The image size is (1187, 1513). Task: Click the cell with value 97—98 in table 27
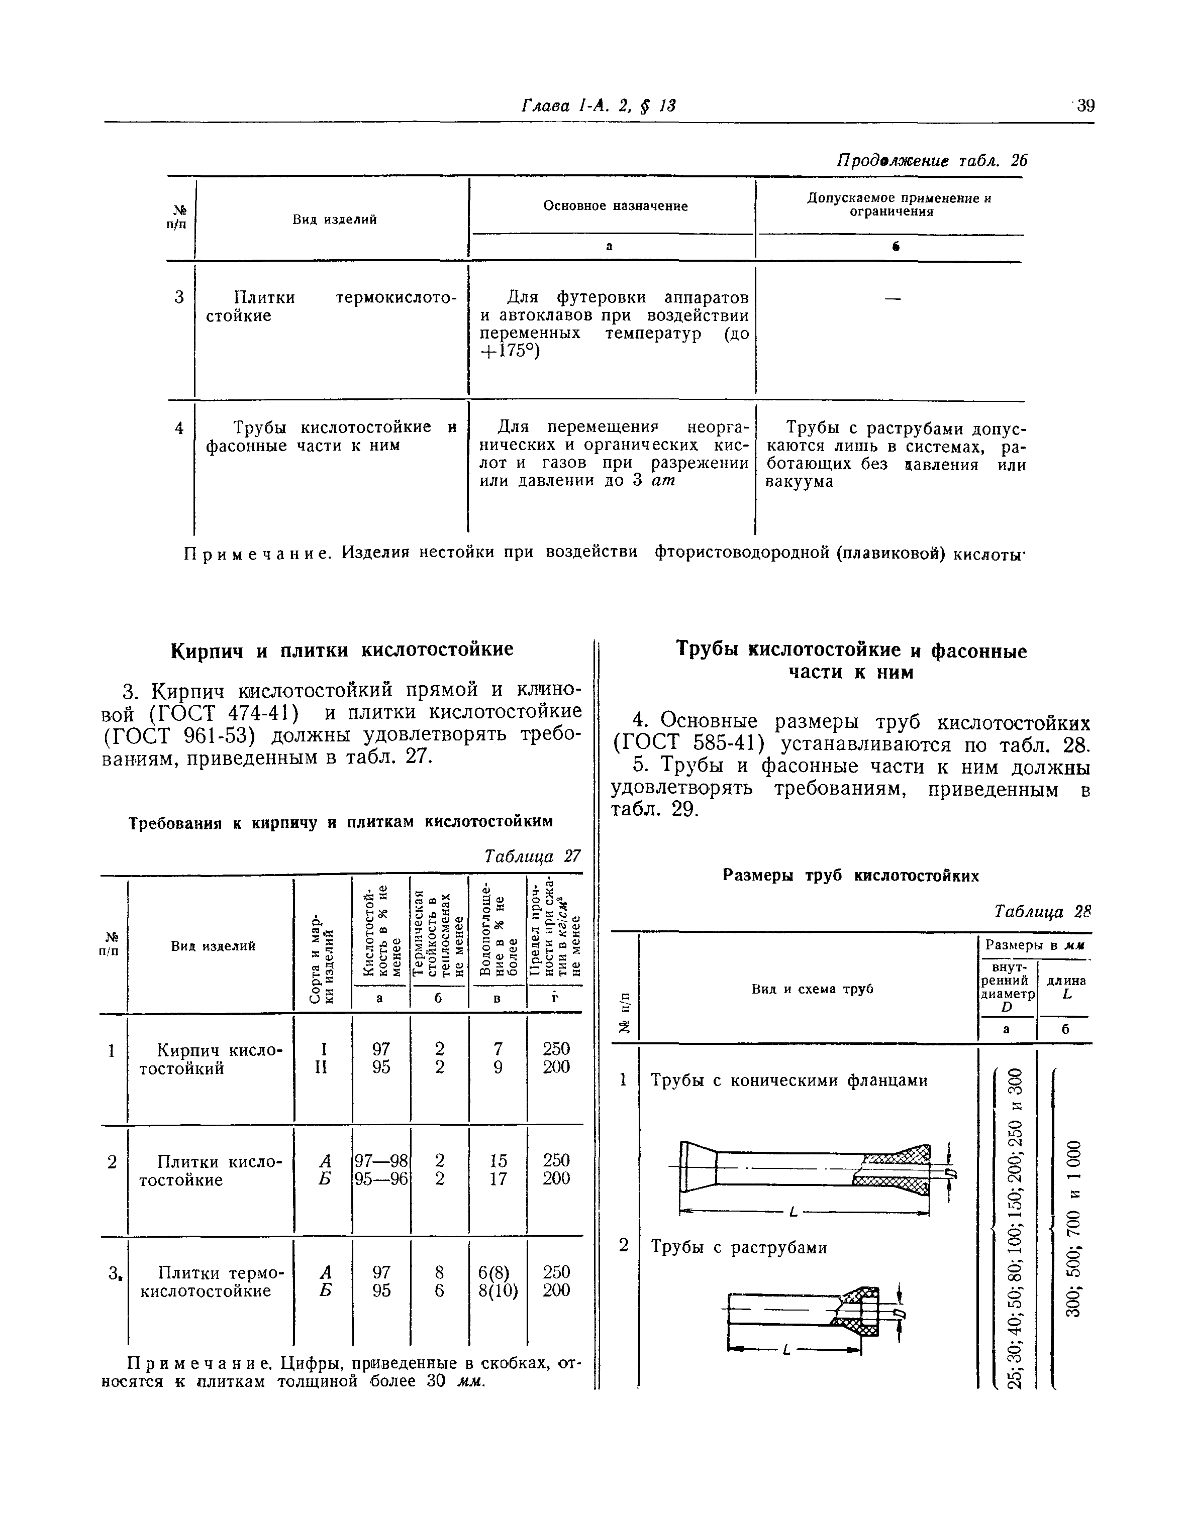[x=381, y=1160]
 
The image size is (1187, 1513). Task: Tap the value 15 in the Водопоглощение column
[x=498, y=1160]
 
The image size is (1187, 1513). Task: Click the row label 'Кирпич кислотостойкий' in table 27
[x=211, y=1059]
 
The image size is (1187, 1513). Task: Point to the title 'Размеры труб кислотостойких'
[x=851, y=875]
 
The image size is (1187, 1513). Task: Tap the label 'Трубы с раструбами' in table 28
[x=739, y=1247]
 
